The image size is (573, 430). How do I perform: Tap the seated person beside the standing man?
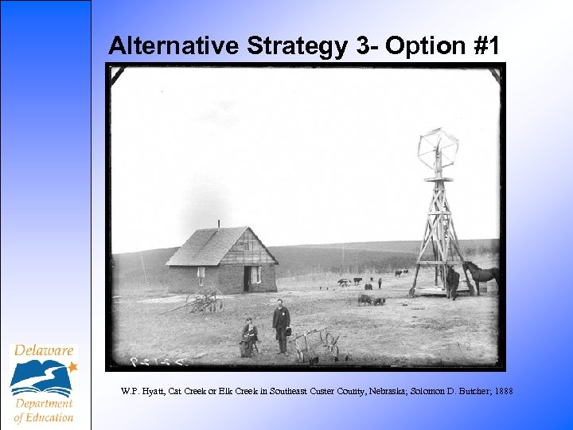point(249,338)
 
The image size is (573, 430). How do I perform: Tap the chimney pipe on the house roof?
point(218,223)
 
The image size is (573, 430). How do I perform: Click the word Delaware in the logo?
point(43,350)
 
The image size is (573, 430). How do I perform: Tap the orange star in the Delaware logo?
point(72,367)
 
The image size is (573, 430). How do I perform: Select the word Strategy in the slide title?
point(297,46)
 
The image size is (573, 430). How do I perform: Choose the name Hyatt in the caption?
point(146,391)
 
